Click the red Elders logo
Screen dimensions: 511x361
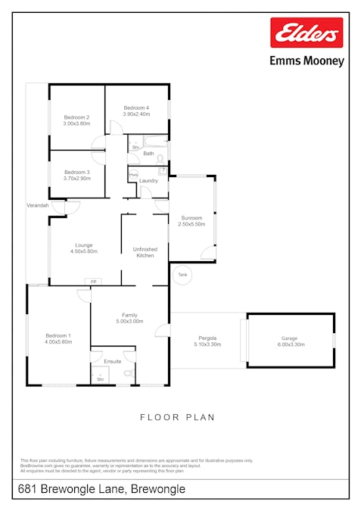307,33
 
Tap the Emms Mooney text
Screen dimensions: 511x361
307,61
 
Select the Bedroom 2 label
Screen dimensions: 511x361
76,117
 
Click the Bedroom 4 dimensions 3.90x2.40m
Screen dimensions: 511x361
136,114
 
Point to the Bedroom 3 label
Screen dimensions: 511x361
76,172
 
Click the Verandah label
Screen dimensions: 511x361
38,205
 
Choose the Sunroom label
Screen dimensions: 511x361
191,218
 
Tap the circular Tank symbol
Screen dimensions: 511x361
182,275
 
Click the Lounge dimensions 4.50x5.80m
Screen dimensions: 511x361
83,251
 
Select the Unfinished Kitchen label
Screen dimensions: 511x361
145,252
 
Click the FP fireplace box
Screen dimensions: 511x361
94,282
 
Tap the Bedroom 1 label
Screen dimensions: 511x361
58,335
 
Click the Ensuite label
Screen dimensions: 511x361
112,361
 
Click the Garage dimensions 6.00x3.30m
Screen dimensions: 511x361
290,344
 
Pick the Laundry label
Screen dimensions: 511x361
148,180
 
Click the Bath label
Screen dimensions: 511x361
148,154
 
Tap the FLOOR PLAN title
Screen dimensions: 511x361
178,417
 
